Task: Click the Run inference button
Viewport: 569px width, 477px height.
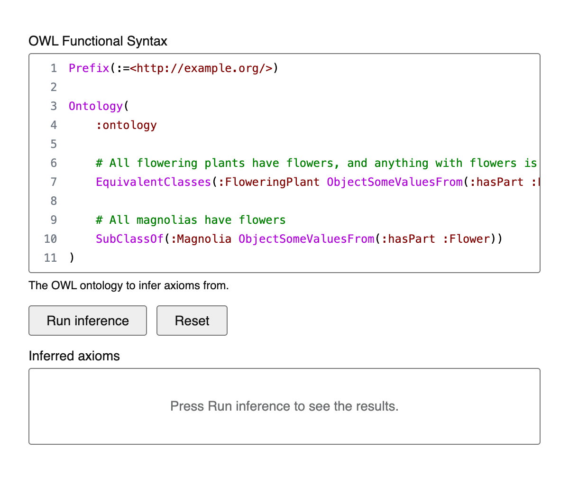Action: (87, 321)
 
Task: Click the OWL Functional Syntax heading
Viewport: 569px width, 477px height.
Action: (98, 41)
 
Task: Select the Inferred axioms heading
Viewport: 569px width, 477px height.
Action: (74, 356)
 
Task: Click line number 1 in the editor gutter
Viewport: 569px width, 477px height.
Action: (54, 68)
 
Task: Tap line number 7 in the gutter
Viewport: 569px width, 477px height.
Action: (54, 182)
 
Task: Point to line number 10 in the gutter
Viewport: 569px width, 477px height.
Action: (50, 239)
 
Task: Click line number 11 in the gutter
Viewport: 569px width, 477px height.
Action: (50, 258)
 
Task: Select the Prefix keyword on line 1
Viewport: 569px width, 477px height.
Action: (89, 68)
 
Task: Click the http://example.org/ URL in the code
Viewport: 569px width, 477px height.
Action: (201, 68)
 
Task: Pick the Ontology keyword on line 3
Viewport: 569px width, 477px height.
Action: (96, 106)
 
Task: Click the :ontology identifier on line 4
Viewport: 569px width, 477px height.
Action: (126, 125)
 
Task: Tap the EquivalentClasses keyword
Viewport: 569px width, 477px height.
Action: (154, 182)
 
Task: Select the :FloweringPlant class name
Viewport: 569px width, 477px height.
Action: (269, 182)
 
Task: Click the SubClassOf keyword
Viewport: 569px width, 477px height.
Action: (129, 239)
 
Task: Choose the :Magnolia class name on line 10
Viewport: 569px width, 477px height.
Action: (201, 239)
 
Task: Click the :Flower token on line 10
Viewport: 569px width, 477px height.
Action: (466, 239)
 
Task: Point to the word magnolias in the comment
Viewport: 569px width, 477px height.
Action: (167, 220)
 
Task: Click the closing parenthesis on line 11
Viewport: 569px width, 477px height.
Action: (72, 258)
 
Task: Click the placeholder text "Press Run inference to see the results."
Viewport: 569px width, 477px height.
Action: (284, 406)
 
